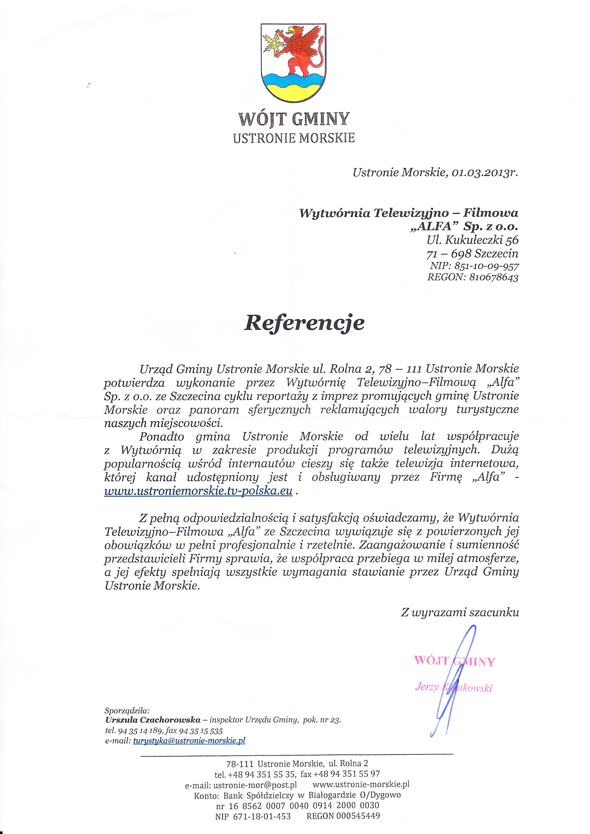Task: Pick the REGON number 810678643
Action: (493, 278)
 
